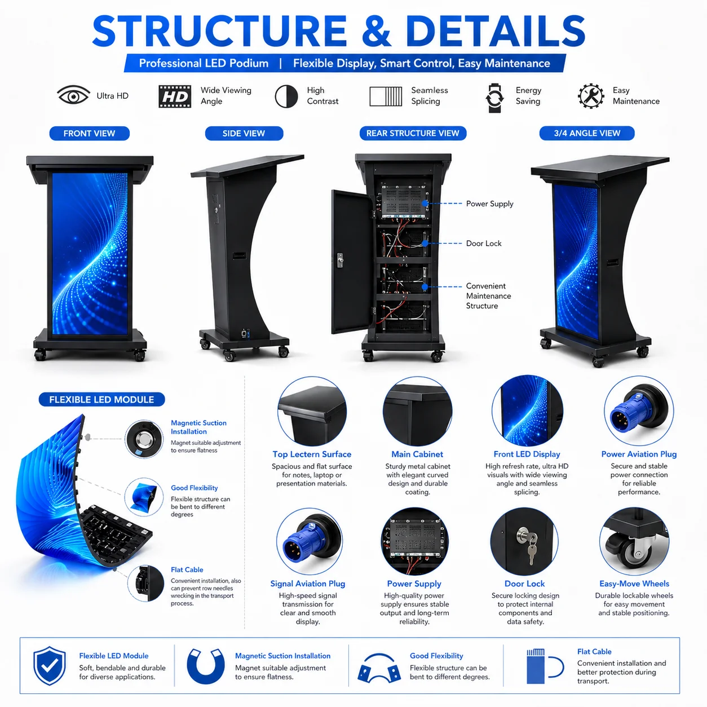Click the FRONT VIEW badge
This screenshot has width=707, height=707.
click(89, 133)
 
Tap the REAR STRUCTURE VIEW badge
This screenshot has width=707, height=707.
click(413, 133)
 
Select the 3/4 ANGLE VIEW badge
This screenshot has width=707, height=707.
click(587, 133)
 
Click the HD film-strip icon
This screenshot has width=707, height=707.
click(175, 96)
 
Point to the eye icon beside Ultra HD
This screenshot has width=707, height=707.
click(73, 95)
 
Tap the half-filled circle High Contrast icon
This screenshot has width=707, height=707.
click(286, 96)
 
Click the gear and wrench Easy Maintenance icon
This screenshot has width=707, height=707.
click(591, 96)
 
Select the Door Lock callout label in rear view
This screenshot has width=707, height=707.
click(484, 243)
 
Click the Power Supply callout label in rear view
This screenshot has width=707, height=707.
click(489, 204)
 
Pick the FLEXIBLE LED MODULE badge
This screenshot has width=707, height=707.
click(101, 400)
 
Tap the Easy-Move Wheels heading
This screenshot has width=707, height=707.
click(634, 584)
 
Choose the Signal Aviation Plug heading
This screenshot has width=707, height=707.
click(307, 584)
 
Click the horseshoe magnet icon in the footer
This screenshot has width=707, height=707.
click(205, 666)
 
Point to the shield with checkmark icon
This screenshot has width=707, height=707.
click(50, 666)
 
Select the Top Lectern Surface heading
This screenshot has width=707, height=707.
click(312, 454)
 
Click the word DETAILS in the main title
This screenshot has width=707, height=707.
click(496, 31)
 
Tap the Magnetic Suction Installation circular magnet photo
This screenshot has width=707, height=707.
click(144, 439)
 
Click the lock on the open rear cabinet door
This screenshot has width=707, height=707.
click(340, 260)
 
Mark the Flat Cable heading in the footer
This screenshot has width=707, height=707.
click(594, 652)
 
